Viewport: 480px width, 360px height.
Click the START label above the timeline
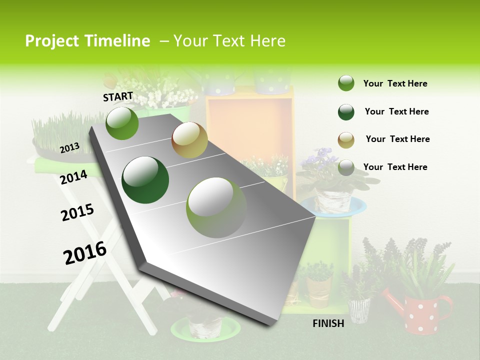click(118, 96)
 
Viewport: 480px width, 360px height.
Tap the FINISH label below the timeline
click(328, 323)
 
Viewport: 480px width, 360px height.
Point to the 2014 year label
click(73, 177)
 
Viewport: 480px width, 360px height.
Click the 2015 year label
click(77, 212)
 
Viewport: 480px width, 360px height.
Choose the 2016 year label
click(85, 252)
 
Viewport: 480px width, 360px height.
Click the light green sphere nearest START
click(122, 123)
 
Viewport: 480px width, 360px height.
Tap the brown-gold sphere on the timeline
click(189, 140)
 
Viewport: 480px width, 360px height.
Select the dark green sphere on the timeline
click(145, 180)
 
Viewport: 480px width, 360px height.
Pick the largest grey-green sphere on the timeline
click(216, 207)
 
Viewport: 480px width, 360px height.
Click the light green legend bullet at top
click(346, 83)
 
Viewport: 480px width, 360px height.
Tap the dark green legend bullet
click(346, 112)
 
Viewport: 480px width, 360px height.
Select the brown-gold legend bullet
click(346, 139)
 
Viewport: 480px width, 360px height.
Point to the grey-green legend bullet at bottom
click(346, 167)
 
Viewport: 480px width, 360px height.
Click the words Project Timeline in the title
click(87, 41)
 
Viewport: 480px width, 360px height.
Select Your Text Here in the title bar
click(229, 41)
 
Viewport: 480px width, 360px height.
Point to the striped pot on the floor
click(359, 310)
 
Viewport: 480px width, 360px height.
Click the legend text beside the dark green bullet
click(396, 111)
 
